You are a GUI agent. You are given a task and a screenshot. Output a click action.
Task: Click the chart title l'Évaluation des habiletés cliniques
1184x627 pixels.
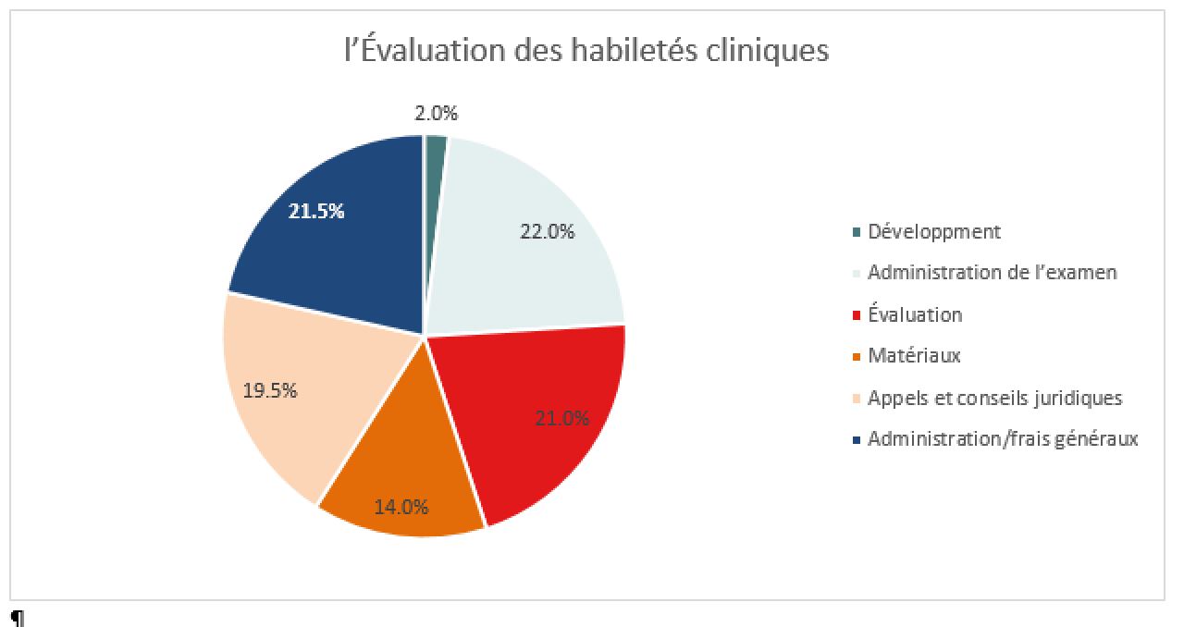pyautogui.click(x=586, y=51)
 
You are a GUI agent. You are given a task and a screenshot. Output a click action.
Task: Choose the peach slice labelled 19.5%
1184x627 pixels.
pyautogui.click(x=296, y=391)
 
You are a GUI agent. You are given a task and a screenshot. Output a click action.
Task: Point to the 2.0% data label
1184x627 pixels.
pyautogui.click(x=436, y=113)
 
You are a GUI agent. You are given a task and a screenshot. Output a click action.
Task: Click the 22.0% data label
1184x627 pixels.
pyautogui.click(x=547, y=231)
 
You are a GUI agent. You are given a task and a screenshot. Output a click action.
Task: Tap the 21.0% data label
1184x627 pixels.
pyautogui.click(x=561, y=419)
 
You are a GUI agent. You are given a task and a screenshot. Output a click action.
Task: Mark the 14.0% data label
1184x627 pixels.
pyautogui.click(x=401, y=508)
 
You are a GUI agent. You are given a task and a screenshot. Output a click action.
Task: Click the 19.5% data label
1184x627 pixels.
pyautogui.click(x=270, y=390)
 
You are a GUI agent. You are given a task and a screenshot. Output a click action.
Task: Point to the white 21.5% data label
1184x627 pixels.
pyautogui.click(x=316, y=212)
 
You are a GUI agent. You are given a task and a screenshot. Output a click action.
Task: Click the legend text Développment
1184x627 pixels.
pyautogui.click(x=934, y=232)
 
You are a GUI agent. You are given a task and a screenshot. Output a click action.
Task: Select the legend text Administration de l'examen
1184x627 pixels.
pyautogui.click(x=993, y=273)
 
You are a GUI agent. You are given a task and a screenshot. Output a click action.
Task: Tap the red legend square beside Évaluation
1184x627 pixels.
pyautogui.click(x=857, y=315)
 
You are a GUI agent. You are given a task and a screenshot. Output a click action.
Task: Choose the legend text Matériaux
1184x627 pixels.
pyautogui.click(x=914, y=356)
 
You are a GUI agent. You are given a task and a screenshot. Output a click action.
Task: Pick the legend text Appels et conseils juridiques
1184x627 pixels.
pyautogui.click(x=994, y=398)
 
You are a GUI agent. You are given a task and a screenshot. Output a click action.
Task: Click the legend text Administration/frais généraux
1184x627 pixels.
pyautogui.click(x=1003, y=439)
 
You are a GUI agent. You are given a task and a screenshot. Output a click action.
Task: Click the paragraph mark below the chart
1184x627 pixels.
pyautogui.click(x=18, y=618)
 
